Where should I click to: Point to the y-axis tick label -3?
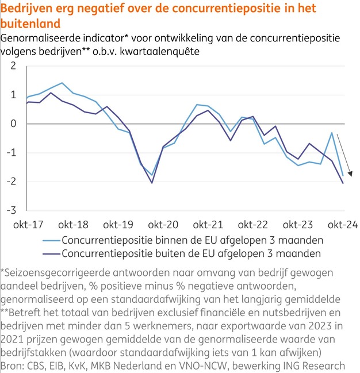click(x=11, y=211)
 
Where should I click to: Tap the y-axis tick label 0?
click(x=13, y=124)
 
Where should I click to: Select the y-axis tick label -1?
click(x=11, y=153)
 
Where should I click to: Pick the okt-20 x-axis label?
click(x=164, y=225)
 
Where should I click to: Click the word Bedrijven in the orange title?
click(x=27, y=9)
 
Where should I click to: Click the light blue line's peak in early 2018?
click(x=62, y=83)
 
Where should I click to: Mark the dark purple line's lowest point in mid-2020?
click(x=152, y=183)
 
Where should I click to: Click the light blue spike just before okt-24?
click(x=332, y=133)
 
